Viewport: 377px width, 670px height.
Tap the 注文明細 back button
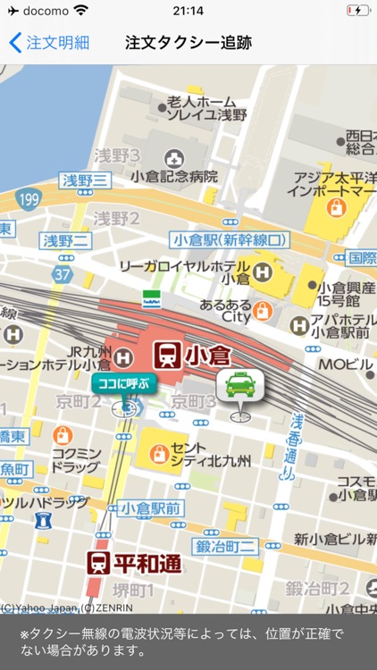[x=49, y=42]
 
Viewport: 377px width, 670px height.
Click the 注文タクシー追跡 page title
[x=188, y=42]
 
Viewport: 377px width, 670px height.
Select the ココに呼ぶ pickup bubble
[x=123, y=384]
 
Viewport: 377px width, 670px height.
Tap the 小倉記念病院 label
[x=174, y=176]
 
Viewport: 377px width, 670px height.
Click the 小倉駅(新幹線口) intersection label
[x=230, y=239]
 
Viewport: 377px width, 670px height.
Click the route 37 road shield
[x=62, y=272]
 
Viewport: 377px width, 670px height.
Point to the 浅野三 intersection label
[x=87, y=180]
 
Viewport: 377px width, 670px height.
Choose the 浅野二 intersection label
[x=67, y=240]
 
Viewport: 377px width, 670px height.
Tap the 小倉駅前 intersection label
[x=150, y=508]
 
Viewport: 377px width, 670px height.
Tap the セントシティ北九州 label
[x=210, y=454]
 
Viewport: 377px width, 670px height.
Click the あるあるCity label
[x=225, y=310]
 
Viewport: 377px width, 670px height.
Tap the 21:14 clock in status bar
[x=188, y=11]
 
